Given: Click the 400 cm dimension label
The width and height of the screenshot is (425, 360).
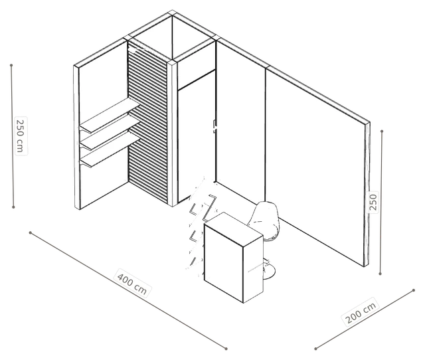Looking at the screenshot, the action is click(x=132, y=283).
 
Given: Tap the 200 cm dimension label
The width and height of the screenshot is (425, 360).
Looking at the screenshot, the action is click(x=361, y=312).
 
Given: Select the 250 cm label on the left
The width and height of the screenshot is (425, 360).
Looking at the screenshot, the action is click(x=21, y=135).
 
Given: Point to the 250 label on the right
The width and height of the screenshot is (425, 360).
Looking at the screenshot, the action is click(x=373, y=202).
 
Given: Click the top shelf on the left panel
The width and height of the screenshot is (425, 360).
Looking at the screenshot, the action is click(x=110, y=115).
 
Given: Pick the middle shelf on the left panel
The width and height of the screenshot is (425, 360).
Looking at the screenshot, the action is click(x=110, y=132).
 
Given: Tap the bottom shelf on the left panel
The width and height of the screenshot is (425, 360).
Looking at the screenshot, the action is click(x=110, y=149).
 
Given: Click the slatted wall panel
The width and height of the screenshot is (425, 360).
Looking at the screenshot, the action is click(x=147, y=124).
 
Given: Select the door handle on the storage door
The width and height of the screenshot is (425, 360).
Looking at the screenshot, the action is click(x=215, y=126).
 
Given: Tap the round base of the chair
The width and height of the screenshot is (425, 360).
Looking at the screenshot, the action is click(x=268, y=271).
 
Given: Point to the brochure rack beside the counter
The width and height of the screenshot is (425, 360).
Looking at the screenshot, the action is click(x=200, y=225).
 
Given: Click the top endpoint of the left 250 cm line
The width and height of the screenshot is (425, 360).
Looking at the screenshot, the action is click(x=11, y=65).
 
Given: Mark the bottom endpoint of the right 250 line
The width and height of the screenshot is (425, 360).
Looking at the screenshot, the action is click(x=380, y=274).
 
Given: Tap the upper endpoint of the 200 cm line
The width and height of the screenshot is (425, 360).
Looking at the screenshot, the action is click(x=414, y=290).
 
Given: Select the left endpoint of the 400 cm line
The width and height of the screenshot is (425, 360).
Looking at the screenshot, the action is click(x=31, y=232).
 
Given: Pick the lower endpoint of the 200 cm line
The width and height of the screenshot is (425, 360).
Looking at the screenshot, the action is click(x=316, y=349).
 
